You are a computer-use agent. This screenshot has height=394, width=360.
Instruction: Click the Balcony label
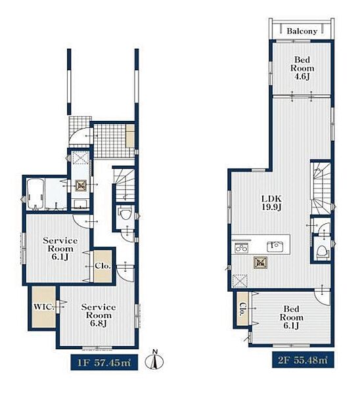click(302, 31)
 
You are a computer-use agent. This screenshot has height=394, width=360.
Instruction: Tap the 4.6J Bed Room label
click(302, 68)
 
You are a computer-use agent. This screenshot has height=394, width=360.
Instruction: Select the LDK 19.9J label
click(272, 203)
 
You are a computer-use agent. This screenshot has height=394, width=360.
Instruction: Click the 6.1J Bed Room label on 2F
click(292, 317)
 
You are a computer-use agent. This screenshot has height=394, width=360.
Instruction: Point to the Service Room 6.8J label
click(99, 315)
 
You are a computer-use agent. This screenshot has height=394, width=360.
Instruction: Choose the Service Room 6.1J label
click(60, 248)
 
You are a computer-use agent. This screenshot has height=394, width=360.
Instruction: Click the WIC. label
click(44, 307)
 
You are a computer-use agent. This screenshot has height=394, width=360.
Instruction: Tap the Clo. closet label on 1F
click(103, 265)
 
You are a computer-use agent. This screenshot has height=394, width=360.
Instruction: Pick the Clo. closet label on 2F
click(242, 309)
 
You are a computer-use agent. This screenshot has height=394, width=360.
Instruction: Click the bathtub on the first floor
click(35, 194)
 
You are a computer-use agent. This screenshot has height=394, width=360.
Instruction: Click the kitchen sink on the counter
click(275, 246)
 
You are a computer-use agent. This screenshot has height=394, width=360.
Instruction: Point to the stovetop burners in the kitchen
click(241, 248)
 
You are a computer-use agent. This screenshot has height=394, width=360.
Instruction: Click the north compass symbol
click(154, 361)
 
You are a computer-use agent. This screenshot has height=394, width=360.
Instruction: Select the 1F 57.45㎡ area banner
click(104, 362)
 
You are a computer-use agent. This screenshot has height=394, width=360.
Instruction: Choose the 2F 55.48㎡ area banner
click(304, 360)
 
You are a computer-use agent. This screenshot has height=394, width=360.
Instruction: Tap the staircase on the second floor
click(322, 188)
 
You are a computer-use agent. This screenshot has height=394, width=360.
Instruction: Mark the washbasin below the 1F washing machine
click(80, 204)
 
